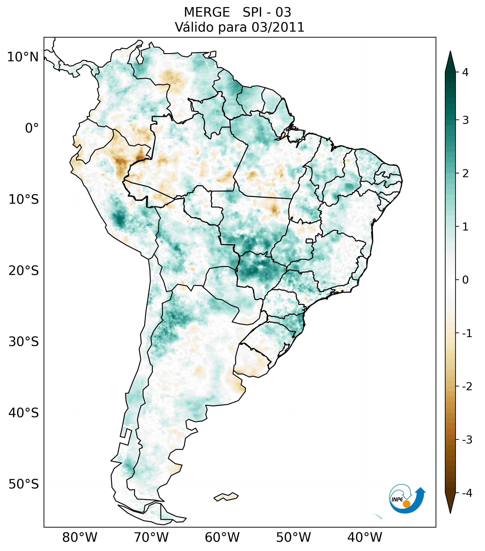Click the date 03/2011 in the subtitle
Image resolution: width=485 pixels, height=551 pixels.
point(278,27)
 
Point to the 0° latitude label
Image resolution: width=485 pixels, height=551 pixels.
point(32,128)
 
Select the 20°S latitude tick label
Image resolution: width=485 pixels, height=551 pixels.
point(24,271)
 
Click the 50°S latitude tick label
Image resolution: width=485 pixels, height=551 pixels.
point(24,484)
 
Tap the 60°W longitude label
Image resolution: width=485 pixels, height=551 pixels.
point(222,537)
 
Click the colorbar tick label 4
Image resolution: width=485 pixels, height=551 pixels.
point(465,72)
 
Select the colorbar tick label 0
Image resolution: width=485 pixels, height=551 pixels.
point(465,280)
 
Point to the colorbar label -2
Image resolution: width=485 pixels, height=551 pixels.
point(467,387)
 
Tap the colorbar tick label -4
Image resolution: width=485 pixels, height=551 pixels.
point(467,493)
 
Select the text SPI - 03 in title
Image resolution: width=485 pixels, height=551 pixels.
point(267,12)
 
